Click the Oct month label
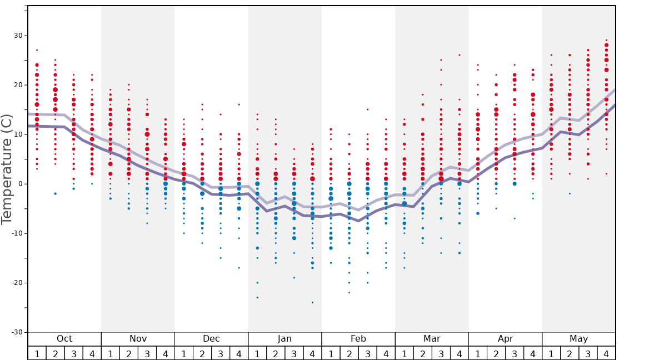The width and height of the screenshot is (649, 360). click(64, 339)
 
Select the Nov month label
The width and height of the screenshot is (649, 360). click(138, 339)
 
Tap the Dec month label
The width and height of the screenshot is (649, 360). click(211, 339)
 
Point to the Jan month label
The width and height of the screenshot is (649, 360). click(284, 339)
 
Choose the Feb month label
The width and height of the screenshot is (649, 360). click(358, 339)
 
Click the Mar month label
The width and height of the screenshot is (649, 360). click(432, 339)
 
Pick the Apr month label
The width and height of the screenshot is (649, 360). click(505, 339)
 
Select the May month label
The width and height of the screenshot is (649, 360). click(578, 339)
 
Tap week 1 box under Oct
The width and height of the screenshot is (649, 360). click(37, 353)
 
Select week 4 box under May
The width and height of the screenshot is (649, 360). click(606, 353)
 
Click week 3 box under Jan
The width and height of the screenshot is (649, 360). click(294, 353)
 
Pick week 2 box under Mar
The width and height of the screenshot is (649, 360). click(422, 353)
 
